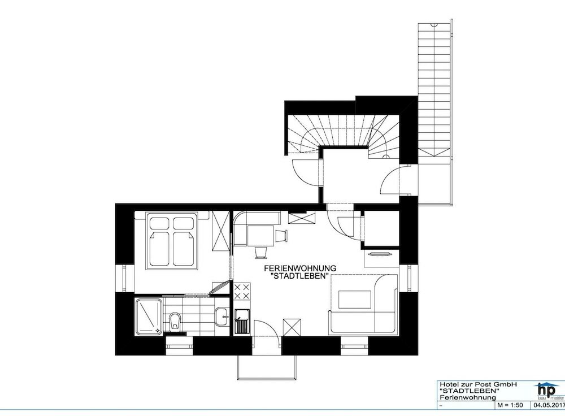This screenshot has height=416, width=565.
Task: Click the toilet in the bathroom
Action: [x=175, y=322]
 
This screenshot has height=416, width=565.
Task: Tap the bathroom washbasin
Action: [x=221, y=317]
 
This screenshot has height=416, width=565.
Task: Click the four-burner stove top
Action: [x=242, y=292]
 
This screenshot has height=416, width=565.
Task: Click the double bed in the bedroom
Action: [x=172, y=240]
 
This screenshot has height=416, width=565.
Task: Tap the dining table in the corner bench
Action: [x=260, y=236]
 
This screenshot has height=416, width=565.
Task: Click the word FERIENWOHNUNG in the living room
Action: [x=300, y=268]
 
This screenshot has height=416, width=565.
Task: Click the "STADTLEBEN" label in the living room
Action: [x=300, y=277]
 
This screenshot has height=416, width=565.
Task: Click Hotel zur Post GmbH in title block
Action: [x=478, y=385]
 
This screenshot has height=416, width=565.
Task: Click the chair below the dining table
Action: [x=261, y=252]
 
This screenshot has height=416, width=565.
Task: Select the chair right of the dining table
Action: [x=281, y=235]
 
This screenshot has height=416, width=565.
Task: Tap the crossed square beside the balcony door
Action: [x=292, y=327]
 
